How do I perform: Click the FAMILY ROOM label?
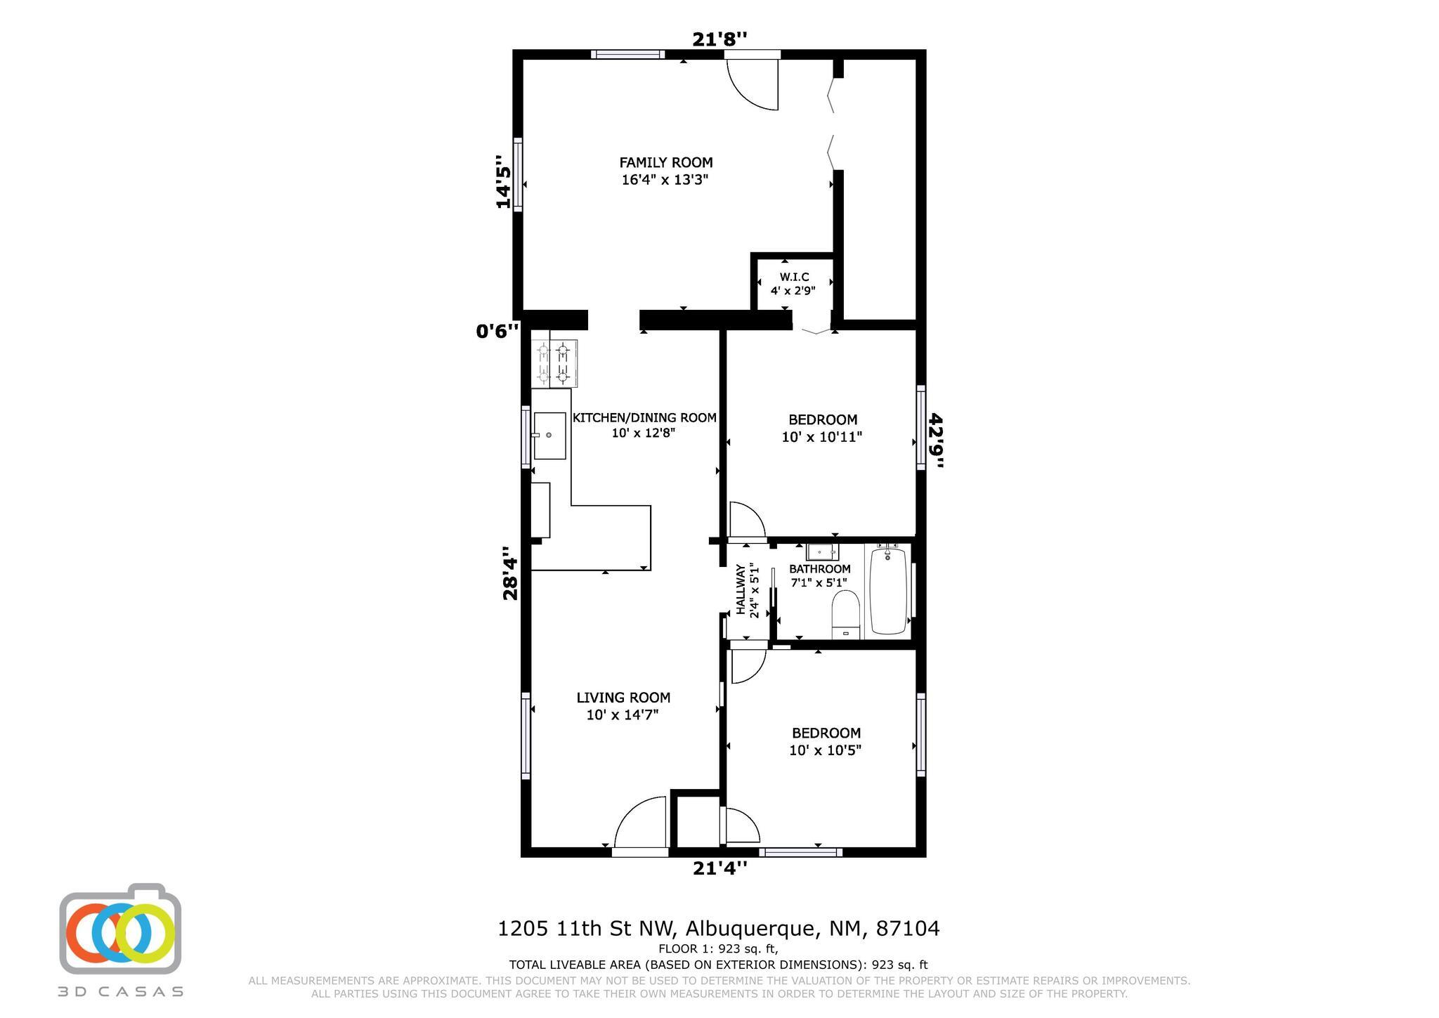click(x=666, y=162)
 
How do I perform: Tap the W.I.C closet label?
click(x=794, y=277)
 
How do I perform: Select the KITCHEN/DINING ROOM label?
click(x=644, y=417)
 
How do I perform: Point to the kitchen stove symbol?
click(x=555, y=363)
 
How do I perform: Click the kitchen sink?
click(x=549, y=436)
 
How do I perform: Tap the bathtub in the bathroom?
click(x=888, y=591)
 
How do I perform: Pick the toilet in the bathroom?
click(x=846, y=614)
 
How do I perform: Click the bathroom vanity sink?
click(x=822, y=552)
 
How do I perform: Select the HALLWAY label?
click(x=741, y=590)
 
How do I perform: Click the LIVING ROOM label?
click(x=623, y=698)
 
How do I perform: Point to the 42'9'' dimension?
click(x=937, y=441)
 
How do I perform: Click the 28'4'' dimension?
click(x=510, y=573)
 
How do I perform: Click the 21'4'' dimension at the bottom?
click(x=719, y=868)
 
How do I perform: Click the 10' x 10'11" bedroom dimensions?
click(x=822, y=437)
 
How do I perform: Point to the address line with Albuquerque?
click(x=718, y=929)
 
